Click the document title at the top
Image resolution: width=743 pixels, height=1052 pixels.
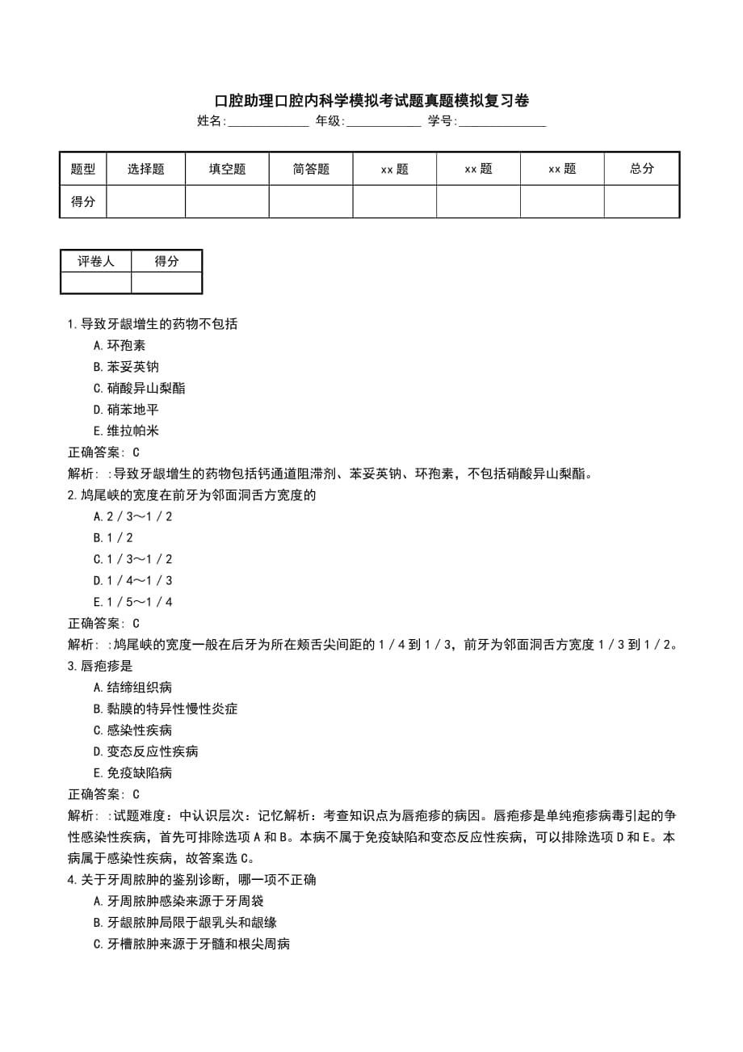click(x=371, y=101)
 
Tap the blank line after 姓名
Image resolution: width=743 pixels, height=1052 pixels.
click(x=268, y=122)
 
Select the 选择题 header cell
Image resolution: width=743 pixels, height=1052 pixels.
click(x=146, y=169)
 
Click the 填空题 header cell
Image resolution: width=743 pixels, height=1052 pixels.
click(x=227, y=169)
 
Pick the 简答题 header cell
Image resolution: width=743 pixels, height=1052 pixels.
click(x=311, y=169)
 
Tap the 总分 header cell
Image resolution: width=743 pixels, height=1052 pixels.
click(x=642, y=169)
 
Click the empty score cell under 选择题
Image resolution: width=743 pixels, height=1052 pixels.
click(x=146, y=202)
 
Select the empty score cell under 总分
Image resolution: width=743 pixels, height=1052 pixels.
click(x=642, y=202)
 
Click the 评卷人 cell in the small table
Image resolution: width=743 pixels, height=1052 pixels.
click(x=96, y=261)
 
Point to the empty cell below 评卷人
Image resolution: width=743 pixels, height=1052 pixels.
click(x=96, y=283)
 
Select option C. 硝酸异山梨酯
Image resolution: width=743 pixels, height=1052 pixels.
click(x=139, y=388)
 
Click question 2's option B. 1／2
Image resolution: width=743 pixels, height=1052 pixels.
click(x=113, y=537)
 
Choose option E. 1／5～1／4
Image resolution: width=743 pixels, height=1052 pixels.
click(x=132, y=602)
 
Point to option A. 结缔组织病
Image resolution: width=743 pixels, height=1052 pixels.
click(x=132, y=688)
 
